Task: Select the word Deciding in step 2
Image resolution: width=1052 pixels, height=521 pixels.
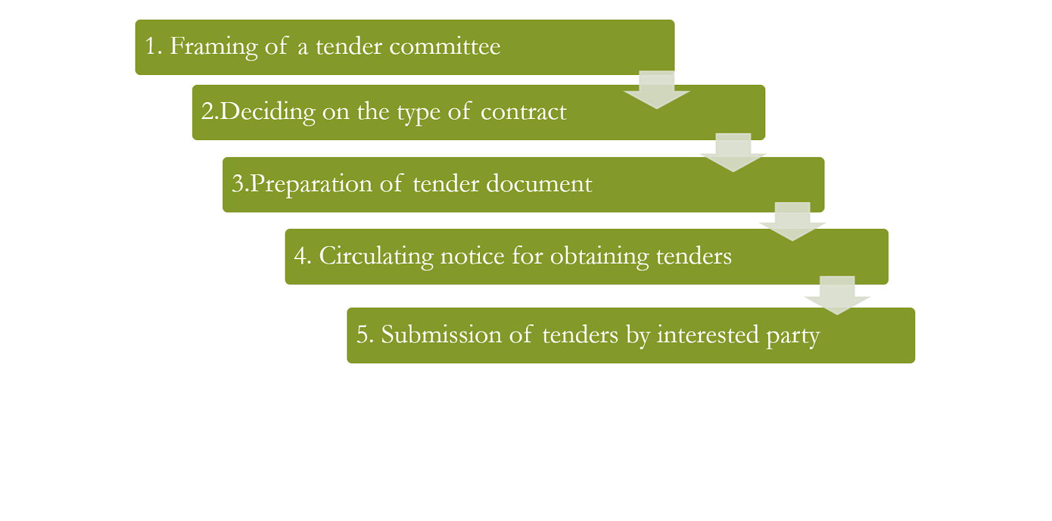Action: coord(268,112)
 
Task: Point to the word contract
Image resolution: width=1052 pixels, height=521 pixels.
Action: coord(523,112)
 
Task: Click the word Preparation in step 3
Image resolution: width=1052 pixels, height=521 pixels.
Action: coord(311,184)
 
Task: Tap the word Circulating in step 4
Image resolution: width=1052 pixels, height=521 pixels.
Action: coord(376,256)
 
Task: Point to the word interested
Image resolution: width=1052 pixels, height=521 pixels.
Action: coord(707,335)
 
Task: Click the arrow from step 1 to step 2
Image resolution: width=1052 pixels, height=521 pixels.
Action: coord(657,90)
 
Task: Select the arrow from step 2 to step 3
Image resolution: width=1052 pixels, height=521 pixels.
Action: coord(733,153)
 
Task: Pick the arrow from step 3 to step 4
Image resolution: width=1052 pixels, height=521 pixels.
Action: coord(792,222)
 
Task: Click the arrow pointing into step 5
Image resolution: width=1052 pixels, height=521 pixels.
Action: coord(837,295)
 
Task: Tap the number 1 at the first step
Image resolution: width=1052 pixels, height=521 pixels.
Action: coord(151,47)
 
